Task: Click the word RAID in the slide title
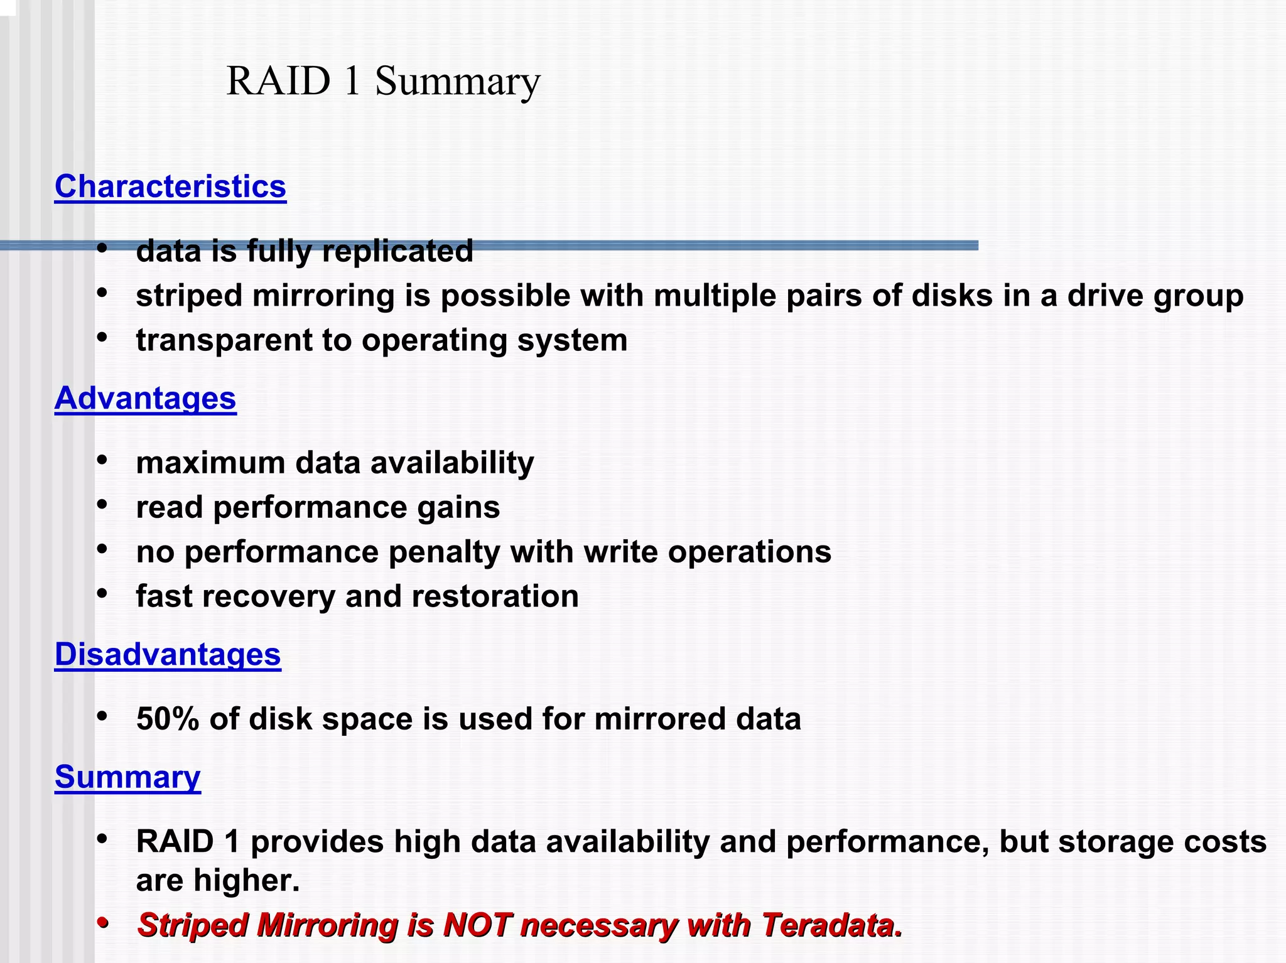[x=278, y=82]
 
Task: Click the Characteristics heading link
[x=170, y=186]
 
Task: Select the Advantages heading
[x=145, y=398]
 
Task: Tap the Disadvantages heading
[x=168, y=654]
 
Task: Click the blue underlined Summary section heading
[x=127, y=777]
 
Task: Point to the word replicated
[x=397, y=251]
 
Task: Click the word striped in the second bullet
[x=189, y=296]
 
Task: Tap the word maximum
[x=210, y=463]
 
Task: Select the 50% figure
[x=167, y=719]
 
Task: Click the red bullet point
[x=103, y=923]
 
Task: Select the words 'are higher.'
[x=218, y=880]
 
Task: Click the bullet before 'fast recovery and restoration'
[x=103, y=593]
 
